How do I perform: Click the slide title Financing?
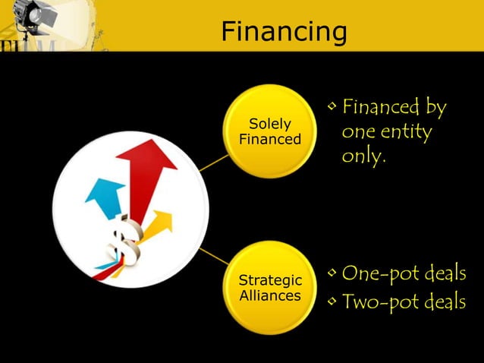point(284,32)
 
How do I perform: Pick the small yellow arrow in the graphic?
point(159,224)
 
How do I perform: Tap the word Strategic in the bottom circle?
point(270,282)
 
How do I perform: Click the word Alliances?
point(270,296)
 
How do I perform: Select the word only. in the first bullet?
point(364,157)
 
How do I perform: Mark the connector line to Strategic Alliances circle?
point(215,257)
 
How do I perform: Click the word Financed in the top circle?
point(270,139)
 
